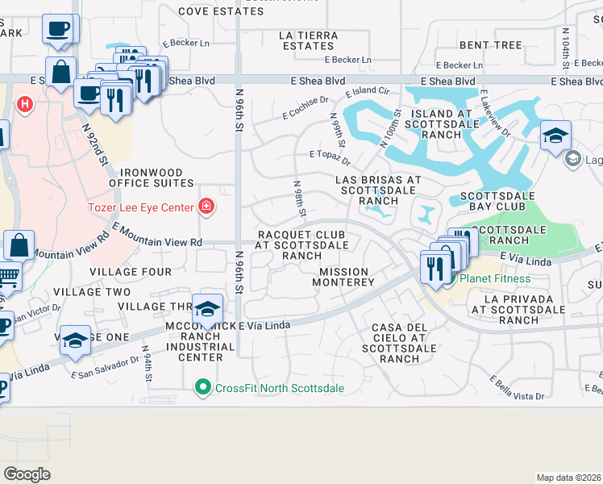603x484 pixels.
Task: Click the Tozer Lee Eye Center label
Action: pos(140,208)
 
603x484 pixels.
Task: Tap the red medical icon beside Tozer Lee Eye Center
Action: pos(206,208)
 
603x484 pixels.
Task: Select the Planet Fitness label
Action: pos(495,279)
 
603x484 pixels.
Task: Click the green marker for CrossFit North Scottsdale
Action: pos(206,388)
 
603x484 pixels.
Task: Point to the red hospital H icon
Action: pos(26,104)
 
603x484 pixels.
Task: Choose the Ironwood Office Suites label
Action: pos(157,177)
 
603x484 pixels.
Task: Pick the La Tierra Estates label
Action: pos(308,40)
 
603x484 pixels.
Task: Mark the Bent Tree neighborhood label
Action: pos(490,45)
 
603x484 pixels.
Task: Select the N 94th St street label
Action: pos(148,365)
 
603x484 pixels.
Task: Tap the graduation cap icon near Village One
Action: pos(75,340)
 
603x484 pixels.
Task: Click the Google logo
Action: pos(27,474)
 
